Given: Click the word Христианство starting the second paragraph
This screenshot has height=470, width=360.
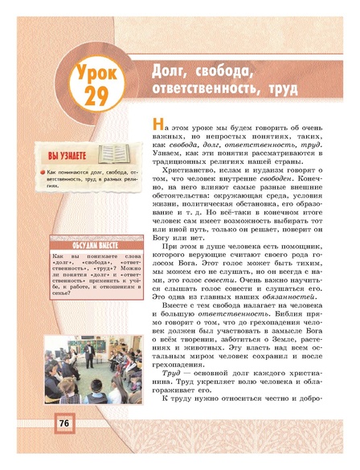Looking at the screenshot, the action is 192,171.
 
